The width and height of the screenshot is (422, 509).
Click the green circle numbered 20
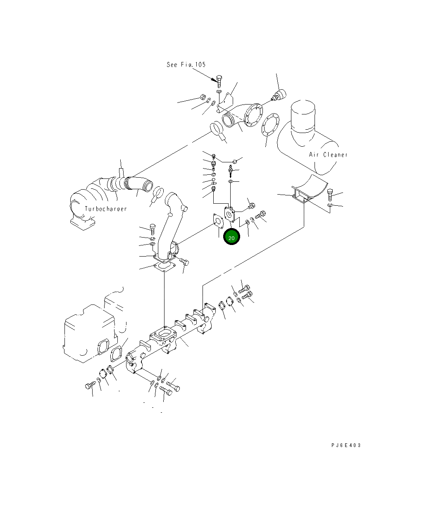(x=231, y=236)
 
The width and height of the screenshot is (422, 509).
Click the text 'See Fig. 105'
(x=186, y=64)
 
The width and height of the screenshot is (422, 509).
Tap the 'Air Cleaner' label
(x=328, y=155)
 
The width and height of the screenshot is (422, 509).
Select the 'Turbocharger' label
(x=106, y=209)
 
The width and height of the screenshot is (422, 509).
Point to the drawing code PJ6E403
(x=346, y=445)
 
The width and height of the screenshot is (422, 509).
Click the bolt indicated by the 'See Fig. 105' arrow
(x=219, y=81)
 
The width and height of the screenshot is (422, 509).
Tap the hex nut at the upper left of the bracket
(x=203, y=97)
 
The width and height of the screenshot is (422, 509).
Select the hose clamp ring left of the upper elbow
(x=216, y=129)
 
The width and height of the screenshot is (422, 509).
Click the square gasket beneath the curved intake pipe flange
(x=165, y=266)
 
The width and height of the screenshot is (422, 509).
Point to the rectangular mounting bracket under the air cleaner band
(x=301, y=195)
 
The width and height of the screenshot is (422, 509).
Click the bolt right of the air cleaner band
(x=330, y=195)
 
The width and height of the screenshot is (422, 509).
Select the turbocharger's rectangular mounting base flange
(x=83, y=224)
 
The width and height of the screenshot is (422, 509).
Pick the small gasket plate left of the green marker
(x=218, y=221)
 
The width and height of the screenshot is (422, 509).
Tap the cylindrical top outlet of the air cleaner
(x=303, y=117)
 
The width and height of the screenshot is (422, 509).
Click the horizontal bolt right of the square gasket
(x=184, y=262)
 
